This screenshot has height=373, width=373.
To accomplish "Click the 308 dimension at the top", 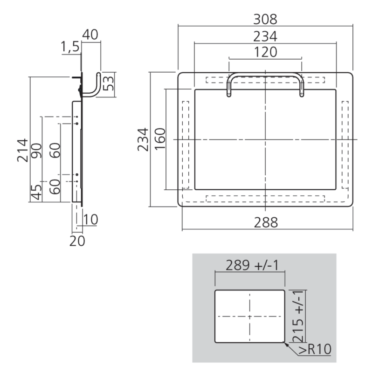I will [265, 20].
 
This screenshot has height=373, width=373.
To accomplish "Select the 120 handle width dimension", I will [265, 52].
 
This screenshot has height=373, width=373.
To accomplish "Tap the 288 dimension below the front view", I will [265, 222].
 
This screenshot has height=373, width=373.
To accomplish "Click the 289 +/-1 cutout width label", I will [249, 265].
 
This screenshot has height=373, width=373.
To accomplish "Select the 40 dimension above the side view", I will [90, 35].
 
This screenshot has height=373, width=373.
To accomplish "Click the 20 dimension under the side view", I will [77, 242].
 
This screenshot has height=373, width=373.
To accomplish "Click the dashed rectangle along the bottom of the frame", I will [265, 199].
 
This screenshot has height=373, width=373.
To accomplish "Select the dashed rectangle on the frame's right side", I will [345, 145].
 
